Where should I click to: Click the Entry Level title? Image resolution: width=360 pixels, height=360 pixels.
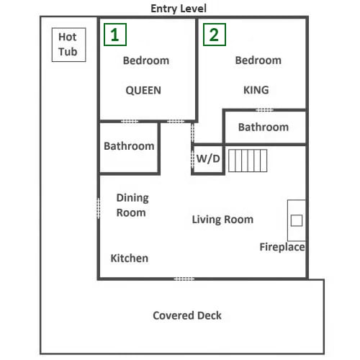[179, 9]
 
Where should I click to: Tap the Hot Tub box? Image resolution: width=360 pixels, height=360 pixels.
[69, 45]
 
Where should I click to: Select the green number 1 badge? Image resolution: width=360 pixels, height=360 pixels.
[115, 35]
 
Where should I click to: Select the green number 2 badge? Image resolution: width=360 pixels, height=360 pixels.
[215, 35]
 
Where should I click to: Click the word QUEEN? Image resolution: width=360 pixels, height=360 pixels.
[143, 91]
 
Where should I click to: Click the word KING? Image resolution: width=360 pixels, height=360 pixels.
[256, 90]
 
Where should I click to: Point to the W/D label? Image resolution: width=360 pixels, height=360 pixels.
[208, 158]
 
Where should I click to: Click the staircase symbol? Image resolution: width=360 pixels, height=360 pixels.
[248, 161]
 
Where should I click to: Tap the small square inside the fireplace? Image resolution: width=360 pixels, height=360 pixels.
[297, 220]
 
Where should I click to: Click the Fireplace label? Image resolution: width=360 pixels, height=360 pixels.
[282, 247]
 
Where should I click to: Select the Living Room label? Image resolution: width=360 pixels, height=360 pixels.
[222, 220]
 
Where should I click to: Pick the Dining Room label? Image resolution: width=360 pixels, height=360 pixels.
[132, 205]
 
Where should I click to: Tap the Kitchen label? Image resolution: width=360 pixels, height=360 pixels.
[130, 258]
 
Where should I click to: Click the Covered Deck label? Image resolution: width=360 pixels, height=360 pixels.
[187, 315]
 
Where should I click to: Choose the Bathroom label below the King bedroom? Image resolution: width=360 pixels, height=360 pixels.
[264, 127]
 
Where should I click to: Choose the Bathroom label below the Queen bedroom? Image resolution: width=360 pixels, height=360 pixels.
[129, 146]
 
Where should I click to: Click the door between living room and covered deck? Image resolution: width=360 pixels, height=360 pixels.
[184, 279]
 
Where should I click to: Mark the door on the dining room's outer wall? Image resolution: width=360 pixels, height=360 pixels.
[98, 208]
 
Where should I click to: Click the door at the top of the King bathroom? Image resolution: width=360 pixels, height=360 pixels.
[264, 110]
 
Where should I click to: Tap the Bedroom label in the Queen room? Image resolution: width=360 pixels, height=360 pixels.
[146, 60]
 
